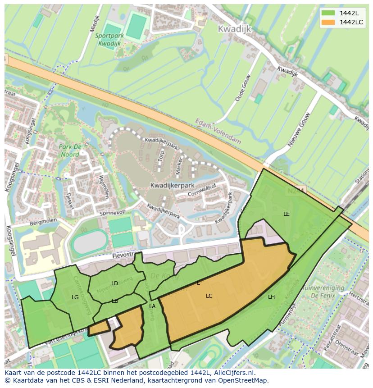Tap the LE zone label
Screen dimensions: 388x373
287,214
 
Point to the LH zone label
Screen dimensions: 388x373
271,297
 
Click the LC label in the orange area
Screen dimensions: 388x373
209,296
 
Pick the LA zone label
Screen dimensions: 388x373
152,306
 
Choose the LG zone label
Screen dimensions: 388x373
75,297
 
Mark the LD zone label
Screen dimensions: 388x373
114,283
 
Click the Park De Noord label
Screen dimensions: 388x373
70,151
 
